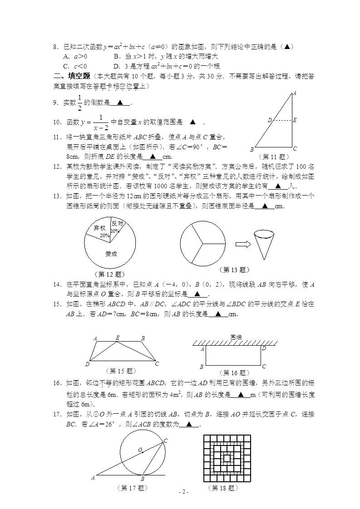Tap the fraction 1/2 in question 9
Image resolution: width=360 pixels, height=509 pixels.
80,103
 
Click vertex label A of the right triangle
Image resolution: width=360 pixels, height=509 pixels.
294,93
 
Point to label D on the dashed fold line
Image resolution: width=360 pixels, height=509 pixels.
269,120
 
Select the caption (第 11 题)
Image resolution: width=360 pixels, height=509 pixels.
274,156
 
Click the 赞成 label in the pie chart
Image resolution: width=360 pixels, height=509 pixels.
111,254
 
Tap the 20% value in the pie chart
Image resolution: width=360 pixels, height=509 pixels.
104,236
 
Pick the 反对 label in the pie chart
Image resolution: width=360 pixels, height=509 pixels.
117,223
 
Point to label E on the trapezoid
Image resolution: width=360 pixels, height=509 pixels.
118,338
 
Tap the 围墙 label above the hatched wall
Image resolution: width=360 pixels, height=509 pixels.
236,337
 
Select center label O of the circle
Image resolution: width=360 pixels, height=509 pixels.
140,450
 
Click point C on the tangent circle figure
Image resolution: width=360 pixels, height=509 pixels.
165,441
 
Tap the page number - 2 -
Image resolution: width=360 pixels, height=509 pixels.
183,492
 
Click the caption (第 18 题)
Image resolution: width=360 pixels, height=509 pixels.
223,488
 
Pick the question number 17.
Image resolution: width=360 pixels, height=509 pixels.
57,415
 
